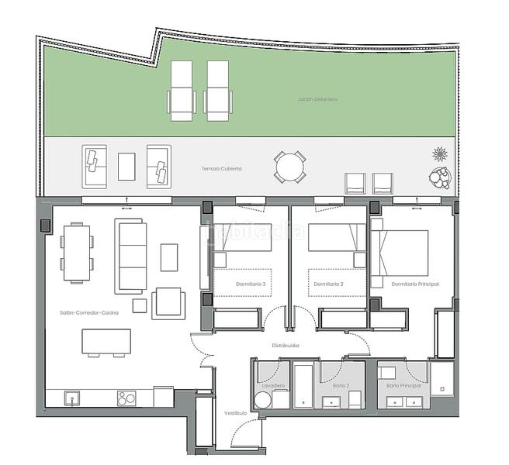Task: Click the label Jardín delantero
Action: click(x=317, y=99)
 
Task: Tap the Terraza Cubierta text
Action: click(x=222, y=168)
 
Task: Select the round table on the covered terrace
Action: click(x=289, y=167)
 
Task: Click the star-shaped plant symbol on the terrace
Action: click(x=440, y=153)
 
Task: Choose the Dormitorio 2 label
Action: click(x=329, y=284)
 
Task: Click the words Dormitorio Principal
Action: click(x=415, y=284)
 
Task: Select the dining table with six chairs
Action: click(x=76, y=252)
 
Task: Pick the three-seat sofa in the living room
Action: click(x=130, y=256)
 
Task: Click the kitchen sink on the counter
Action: click(x=71, y=398)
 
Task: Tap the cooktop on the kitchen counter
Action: click(x=126, y=398)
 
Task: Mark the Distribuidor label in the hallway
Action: click(x=286, y=345)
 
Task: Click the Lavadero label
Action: click(x=273, y=385)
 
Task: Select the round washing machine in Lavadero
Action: click(x=263, y=400)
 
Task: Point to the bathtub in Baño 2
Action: click(x=303, y=383)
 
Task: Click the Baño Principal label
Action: click(x=403, y=385)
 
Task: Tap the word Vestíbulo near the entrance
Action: click(x=236, y=413)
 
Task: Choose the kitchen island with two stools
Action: click(x=106, y=341)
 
